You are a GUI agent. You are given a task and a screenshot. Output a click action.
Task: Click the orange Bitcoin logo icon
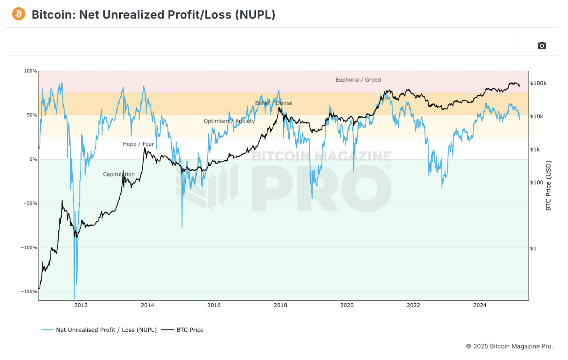[x=19, y=14]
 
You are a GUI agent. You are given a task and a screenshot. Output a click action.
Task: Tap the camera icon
[x=542, y=46]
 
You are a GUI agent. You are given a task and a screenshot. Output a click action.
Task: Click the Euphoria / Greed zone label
[x=358, y=80]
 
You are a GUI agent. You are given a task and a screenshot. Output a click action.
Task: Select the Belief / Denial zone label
[x=274, y=103]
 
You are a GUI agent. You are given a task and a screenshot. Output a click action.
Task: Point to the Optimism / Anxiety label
[x=229, y=121]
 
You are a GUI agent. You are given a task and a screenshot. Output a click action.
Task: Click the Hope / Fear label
[x=138, y=144]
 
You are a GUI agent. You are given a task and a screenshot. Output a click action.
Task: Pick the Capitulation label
[x=119, y=174]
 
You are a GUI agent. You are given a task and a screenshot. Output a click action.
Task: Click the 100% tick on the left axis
[x=30, y=71]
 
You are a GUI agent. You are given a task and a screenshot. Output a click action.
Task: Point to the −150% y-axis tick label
[x=29, y=291]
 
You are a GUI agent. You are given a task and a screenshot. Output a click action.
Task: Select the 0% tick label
[x=33, y=159]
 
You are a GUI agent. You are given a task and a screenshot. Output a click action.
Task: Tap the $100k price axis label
[x=538, y=83]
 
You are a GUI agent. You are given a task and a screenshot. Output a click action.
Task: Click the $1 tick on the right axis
[x=533, y=249]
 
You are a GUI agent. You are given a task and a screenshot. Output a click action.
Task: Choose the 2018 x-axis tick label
[x=280, y=305]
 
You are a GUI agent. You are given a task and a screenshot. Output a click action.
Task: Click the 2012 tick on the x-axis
[x=81, y=305]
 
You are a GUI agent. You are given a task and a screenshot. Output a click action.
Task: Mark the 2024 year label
[x=480, y=305]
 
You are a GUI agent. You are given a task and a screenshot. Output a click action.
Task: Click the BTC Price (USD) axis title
[x=548, y=186]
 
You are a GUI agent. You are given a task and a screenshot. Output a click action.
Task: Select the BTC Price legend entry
[x=190, y=330]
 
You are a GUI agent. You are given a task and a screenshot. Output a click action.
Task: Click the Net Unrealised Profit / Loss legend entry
[x=106, y=330]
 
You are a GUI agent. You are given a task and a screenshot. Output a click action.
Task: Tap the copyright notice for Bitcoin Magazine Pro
[x=509, y=346]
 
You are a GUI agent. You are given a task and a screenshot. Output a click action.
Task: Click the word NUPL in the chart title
[x=255, y=15]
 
